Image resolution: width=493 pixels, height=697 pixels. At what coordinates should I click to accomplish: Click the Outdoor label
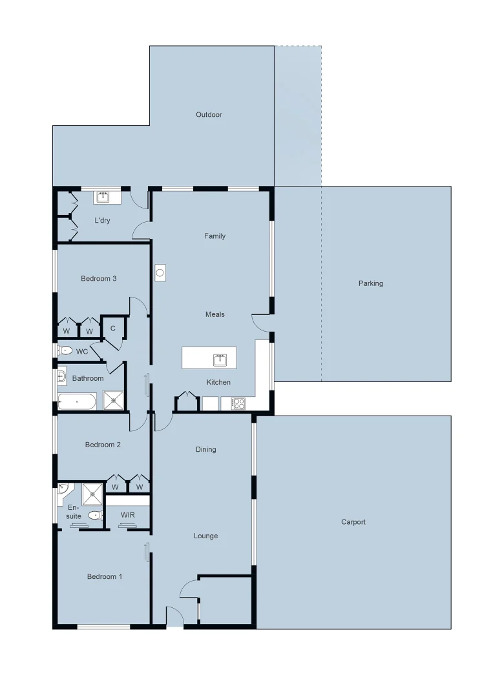209,115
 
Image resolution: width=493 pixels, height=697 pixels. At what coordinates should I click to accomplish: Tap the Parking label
371,283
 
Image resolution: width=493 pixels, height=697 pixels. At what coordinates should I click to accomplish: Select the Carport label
353,522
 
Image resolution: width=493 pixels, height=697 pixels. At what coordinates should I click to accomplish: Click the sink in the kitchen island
220,359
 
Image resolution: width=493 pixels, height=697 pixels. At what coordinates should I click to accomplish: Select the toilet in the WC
65,351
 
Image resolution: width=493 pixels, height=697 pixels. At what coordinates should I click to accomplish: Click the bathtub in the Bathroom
77,401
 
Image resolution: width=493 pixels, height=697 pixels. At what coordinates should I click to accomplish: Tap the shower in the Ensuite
92,494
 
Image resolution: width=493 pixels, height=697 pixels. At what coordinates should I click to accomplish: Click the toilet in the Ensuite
96,515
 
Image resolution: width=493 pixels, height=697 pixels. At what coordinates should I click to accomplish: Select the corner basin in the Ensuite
63,489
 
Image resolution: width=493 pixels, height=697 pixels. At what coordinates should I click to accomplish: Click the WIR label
128,515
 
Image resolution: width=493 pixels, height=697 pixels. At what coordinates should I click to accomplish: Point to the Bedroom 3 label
98,279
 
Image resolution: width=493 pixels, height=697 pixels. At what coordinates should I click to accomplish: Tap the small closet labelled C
112,328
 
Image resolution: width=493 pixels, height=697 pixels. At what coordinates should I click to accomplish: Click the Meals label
215,314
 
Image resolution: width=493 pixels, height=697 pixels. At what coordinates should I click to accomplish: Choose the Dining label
206,449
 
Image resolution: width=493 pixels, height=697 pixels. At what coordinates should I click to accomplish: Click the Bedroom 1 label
105,576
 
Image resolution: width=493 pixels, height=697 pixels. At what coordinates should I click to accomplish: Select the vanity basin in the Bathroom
62,376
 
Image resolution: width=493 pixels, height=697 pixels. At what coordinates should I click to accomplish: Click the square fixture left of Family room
161,272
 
